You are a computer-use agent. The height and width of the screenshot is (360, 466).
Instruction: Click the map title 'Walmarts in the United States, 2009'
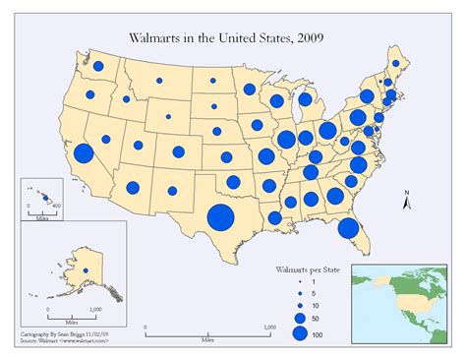233,36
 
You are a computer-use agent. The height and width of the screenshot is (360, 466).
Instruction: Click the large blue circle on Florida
347,228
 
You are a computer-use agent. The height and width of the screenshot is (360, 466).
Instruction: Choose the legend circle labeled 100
300,335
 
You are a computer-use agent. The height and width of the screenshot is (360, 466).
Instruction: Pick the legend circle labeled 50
300,319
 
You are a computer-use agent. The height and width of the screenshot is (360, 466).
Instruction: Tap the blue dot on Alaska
85,270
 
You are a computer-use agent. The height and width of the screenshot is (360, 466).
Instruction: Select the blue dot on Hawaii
44,198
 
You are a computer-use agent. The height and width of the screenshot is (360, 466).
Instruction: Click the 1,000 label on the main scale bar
266,328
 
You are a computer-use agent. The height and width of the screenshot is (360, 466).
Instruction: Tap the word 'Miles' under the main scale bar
205,339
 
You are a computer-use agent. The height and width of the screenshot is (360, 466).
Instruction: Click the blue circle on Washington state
100,70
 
